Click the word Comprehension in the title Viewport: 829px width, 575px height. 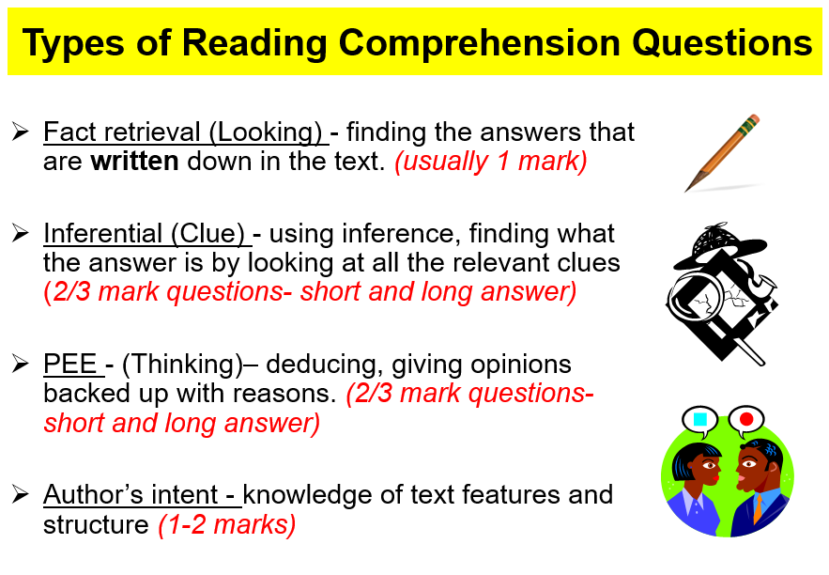coord(480,43)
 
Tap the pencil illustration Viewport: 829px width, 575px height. coord(722,153)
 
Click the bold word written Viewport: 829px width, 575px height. coord(134,162)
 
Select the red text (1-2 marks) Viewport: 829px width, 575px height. coord(227,525)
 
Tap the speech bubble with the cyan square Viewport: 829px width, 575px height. coord(699,421)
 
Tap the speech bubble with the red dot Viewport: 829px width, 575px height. coord(745,420)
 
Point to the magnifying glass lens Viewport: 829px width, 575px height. coord(696,301)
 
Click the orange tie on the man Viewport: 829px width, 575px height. coord(758,507)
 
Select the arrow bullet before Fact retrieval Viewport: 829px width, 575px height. coord(20,132)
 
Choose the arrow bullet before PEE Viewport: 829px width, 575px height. coord(20,364)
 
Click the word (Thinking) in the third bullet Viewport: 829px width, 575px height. coord(183,365)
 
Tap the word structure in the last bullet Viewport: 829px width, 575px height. coord(96,525)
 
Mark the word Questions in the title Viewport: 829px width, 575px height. coord(722,43)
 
